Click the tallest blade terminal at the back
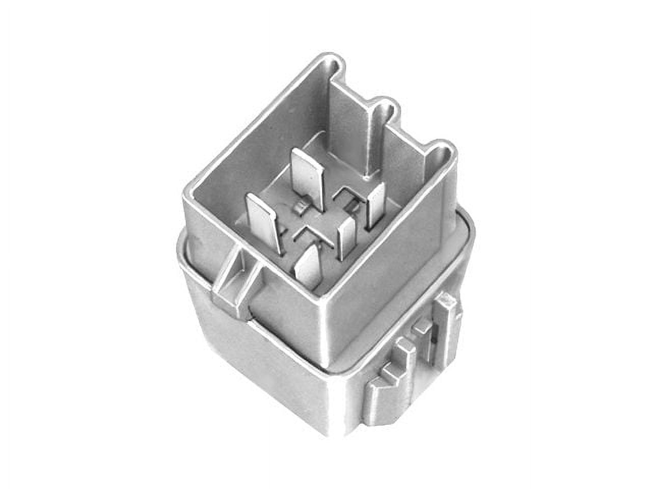click(308, 176)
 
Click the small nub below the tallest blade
click(301, 207)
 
